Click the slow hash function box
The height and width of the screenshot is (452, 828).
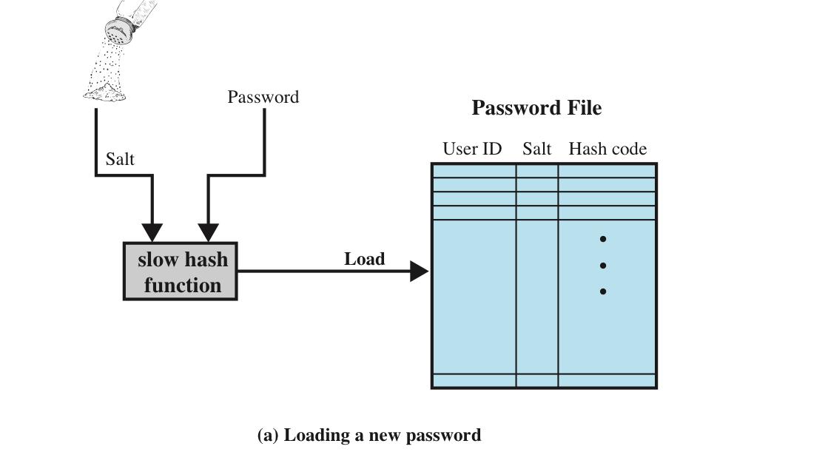pos(180,271)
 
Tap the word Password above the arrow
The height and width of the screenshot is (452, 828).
pos(263,97)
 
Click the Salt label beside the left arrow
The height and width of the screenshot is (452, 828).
pos(120,159)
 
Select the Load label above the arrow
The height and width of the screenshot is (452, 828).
pos(364,259)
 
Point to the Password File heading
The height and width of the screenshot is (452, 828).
pos(536,108)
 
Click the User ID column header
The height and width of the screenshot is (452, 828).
pos(472,149)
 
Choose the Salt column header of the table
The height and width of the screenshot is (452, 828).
pos(536,149)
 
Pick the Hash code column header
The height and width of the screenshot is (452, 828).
pos(607,149)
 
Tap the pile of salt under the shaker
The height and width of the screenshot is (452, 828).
pos(105,92)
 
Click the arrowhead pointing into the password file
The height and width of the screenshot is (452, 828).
pos(420,271)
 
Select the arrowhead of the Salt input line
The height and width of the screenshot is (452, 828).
pos(152,233)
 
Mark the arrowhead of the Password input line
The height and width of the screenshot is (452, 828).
pos(208,233)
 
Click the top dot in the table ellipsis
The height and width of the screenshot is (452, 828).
pos(603,239)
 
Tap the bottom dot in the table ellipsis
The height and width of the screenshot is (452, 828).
pos(603,291)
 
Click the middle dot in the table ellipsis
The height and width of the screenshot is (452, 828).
pos(603,266)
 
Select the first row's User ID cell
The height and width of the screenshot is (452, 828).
pos(474,171)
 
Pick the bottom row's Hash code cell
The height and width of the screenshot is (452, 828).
pos(607,380)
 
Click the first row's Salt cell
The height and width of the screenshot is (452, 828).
pos(537,171)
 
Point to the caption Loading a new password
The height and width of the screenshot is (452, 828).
pos(369,435)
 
